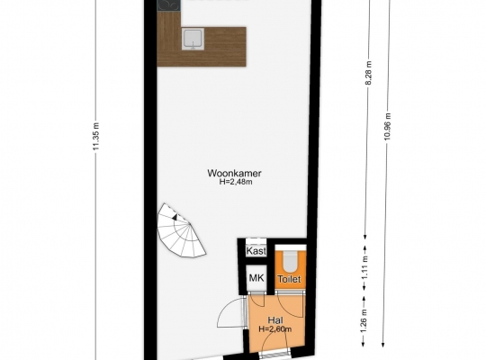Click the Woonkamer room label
pos(234,173)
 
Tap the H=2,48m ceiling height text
pos(236,182)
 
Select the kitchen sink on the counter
pos(193,39)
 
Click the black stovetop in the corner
pos(168,5)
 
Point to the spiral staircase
pos(181,230)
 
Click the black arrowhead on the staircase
pos(175,217)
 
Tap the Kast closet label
pos(256,251)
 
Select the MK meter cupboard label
pos(256,278)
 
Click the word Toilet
pos(289,279)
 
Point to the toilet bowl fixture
pos(290,260)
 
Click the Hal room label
pos(275,320)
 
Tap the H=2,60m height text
pos(274,329)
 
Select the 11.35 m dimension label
pos(95,137)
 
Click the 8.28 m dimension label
pos(368,73)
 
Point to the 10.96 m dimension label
pos(387,127)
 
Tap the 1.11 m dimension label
pos(364,267)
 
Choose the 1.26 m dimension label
pos(364,321)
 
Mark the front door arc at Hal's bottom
pos(270,338)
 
